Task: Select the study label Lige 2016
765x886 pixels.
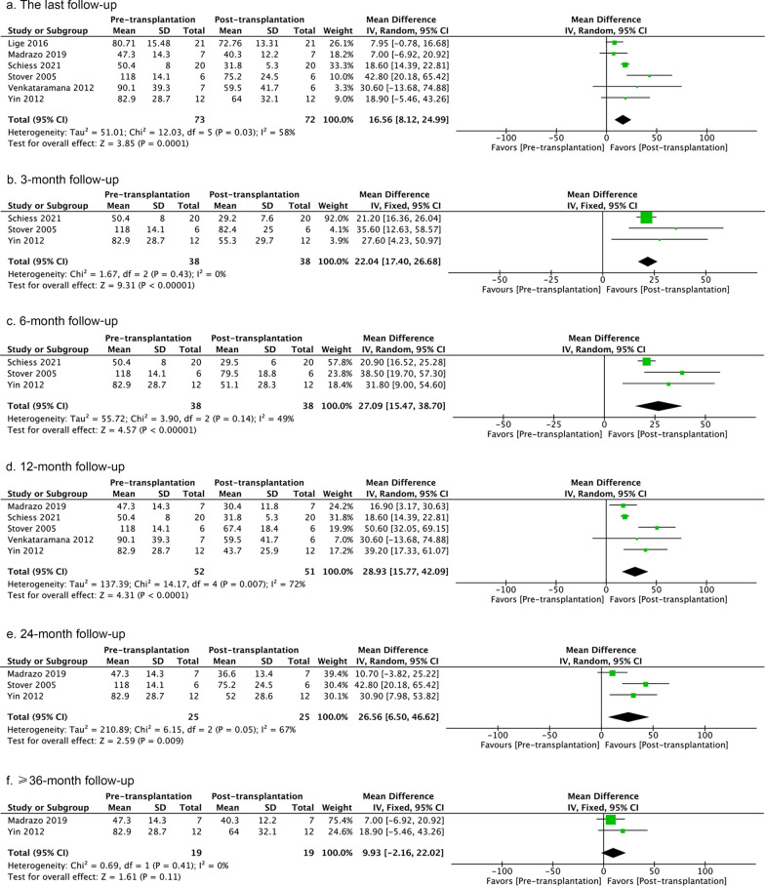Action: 26,42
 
